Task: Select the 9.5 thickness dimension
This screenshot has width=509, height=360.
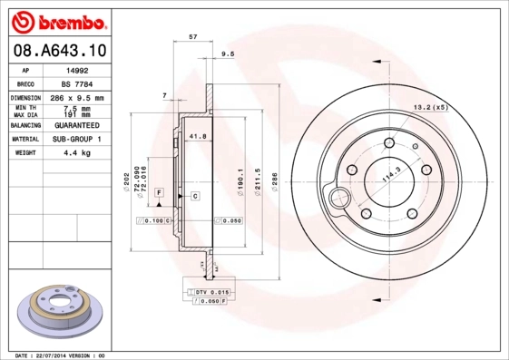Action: (x=228, y=54)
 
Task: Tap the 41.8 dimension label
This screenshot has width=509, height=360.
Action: (x=197, y=136)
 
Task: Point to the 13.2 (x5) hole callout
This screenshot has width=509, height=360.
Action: (x=431, y=107)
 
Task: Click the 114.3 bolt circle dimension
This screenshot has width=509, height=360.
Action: (x=392, y=176)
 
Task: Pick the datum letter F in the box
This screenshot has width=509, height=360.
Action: (x=159, y=193)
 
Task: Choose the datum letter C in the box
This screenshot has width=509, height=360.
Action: (x=194, y=195)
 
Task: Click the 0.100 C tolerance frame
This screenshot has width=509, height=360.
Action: (x=152, y=221)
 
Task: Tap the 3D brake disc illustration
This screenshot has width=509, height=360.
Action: (x=58, y=313)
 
